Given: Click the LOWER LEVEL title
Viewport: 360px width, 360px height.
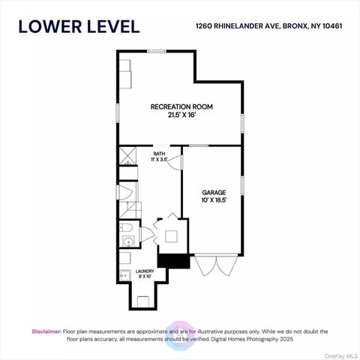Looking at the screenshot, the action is (79, 27).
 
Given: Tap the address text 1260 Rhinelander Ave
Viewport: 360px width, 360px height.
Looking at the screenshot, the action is (237, 26).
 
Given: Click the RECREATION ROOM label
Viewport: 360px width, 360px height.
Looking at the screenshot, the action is (181, 106).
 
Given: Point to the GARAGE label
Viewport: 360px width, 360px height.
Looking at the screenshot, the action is (214, 193).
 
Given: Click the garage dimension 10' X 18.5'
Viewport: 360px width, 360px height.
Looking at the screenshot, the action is (214, 200).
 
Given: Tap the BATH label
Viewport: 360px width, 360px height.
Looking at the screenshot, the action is (159, 154).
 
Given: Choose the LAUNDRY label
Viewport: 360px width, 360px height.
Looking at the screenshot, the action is (145, 271).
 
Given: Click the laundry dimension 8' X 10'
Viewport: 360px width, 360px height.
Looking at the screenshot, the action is (145, 277).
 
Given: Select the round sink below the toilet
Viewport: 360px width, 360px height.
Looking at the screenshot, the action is (129, 241).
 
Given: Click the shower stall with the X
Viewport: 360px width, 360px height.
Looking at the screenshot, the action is (127, 156).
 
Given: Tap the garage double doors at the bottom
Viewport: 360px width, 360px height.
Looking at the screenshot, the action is (216, 265).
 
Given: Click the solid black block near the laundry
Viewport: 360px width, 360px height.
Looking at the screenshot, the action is (173, 261).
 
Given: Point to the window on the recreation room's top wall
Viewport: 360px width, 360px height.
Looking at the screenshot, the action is (157, 51).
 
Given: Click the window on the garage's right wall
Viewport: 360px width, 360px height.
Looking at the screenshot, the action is (242, 185).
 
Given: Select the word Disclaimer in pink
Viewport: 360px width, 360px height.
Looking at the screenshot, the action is (46, 331).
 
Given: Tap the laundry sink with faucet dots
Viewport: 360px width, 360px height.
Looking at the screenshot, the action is (125, 275).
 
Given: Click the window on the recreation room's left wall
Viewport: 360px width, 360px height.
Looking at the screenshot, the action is (118, 113).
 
